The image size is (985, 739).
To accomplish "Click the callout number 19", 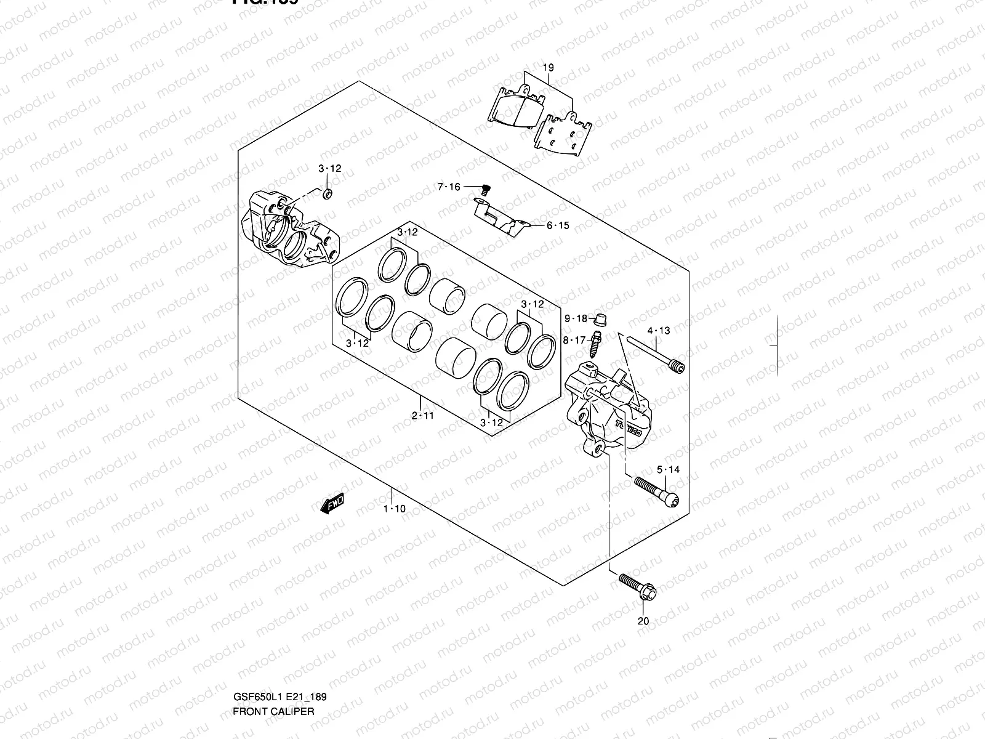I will click(549, 68).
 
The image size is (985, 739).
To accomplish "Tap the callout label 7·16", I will click(449, 187).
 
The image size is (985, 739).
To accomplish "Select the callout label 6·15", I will click(558, 225).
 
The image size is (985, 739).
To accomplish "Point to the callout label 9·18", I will click(576, 318).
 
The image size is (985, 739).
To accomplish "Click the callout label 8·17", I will click(574, 340).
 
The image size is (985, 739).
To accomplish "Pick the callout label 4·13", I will click(659, 331).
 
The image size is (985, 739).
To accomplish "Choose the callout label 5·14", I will click(668, 470).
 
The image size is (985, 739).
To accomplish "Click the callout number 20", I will click(643, 621).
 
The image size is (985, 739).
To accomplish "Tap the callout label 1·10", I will click(394, 509).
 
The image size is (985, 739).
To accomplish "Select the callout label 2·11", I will click(423, 416).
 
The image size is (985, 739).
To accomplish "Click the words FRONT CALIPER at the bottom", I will click(273, 659).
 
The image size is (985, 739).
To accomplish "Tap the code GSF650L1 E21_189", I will click(279, 645).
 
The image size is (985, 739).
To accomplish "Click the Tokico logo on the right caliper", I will click(629, 428).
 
